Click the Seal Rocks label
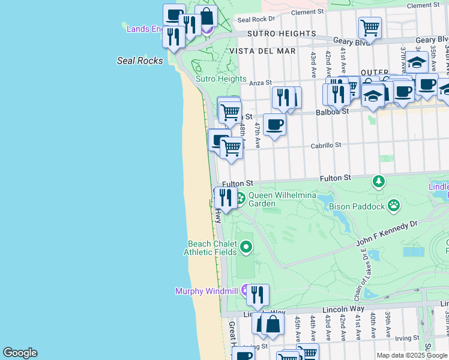140,61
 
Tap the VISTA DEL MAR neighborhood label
262,51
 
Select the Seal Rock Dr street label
256,19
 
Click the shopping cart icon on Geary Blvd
370,28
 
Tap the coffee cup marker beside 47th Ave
274,125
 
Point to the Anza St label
261,83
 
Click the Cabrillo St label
325,145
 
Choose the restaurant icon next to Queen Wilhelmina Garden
224,197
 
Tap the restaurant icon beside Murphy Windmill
258,295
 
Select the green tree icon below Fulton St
378,181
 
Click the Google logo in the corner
20,353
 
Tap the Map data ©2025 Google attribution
412,355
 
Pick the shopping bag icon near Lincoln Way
273,325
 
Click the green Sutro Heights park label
221,79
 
